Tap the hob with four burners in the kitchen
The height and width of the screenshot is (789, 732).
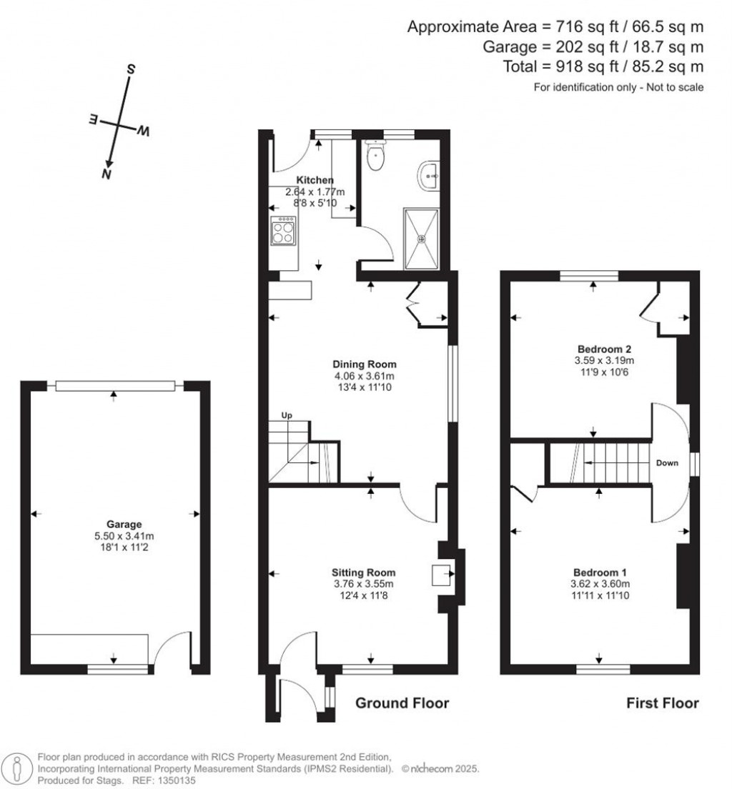point(282,233)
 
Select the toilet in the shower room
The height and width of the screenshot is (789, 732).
point(375,157)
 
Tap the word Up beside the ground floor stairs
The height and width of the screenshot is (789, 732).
point(286,415)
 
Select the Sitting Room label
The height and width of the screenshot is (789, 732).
point(363,572)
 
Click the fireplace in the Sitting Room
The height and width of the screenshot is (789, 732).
point(442,573)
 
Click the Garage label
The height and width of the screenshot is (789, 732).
point(115,524)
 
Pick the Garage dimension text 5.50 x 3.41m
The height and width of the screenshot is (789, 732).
point(115,536)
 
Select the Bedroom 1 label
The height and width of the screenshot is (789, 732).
point(600,572)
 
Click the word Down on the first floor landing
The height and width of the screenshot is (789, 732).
point(667,463)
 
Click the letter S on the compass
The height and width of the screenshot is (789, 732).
point(131,69)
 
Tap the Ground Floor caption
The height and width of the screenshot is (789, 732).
point(402,703)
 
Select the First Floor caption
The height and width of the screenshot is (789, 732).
point(663,703)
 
